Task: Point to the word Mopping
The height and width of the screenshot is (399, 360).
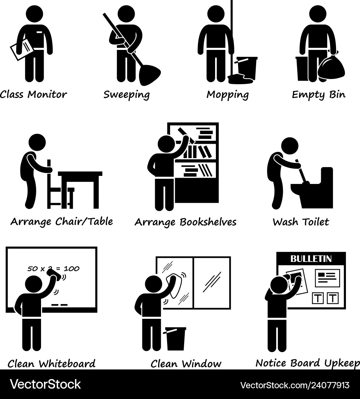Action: coord(227,95)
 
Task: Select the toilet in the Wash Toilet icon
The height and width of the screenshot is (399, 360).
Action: coord(314,188)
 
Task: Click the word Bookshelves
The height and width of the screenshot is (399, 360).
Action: coord(208,222)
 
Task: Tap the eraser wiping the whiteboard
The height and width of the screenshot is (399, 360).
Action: coord(54,274)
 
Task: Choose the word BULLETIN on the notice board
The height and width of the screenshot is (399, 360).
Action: coord(311,259)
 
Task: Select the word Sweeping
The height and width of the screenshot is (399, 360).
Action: coord(126,95)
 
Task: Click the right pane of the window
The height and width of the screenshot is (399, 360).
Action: coord(212,283)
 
